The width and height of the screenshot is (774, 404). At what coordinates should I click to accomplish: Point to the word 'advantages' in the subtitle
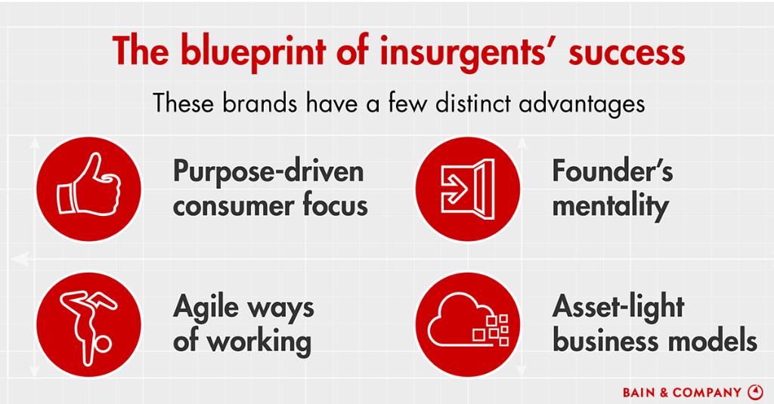[582, 104]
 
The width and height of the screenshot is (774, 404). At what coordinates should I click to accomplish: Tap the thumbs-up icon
[89, 186]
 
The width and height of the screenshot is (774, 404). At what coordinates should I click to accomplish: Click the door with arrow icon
[467, 186]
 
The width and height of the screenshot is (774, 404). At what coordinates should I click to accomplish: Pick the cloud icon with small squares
[468, 321]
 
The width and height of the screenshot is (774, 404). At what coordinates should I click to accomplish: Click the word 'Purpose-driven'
[268, 172]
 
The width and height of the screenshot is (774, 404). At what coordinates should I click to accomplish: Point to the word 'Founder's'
[612, 171]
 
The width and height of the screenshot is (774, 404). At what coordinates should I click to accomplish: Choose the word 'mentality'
[611, 205]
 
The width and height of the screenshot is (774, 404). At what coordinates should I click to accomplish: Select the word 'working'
[259, 342]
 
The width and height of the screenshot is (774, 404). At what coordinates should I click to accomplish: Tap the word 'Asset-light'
[618, 307]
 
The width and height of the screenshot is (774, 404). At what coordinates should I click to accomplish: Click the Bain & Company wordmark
[682, 393]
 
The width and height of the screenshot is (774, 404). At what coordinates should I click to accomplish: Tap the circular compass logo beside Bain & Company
[755, 392]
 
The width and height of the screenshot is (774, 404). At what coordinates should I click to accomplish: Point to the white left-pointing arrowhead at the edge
[20, 259]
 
